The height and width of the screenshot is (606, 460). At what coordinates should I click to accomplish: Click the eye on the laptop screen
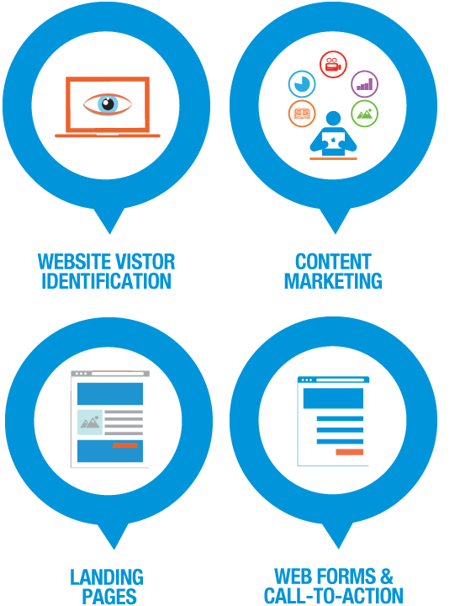pos(108,104)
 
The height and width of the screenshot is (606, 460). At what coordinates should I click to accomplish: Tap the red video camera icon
pos(333,64)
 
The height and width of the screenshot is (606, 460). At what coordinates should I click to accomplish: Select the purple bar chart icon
pos(365,84)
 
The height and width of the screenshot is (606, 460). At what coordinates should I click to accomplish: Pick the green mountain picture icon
pos(365,114)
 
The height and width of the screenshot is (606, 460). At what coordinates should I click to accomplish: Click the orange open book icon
pos(302,114)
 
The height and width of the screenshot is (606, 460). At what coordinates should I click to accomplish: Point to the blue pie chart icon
pos(302,84)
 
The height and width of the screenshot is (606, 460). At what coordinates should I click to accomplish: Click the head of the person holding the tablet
pos(333,119)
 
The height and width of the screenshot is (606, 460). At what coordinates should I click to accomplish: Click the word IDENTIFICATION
pos(106,281)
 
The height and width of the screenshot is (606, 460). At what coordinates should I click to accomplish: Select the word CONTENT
pos(333,262)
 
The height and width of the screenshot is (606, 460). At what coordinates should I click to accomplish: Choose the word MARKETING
pos(333,281)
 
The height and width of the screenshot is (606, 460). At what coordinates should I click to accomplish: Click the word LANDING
pos(107,577)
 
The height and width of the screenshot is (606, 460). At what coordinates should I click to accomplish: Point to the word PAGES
pos(109,597)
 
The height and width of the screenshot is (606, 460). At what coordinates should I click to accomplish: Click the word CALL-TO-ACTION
pos(334,596)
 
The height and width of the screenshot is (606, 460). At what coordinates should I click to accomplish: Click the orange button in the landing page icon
pos(125,445)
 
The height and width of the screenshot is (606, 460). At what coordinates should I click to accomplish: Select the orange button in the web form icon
pos(350,452)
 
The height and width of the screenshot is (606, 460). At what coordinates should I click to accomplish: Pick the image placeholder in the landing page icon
pos(90,423)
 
